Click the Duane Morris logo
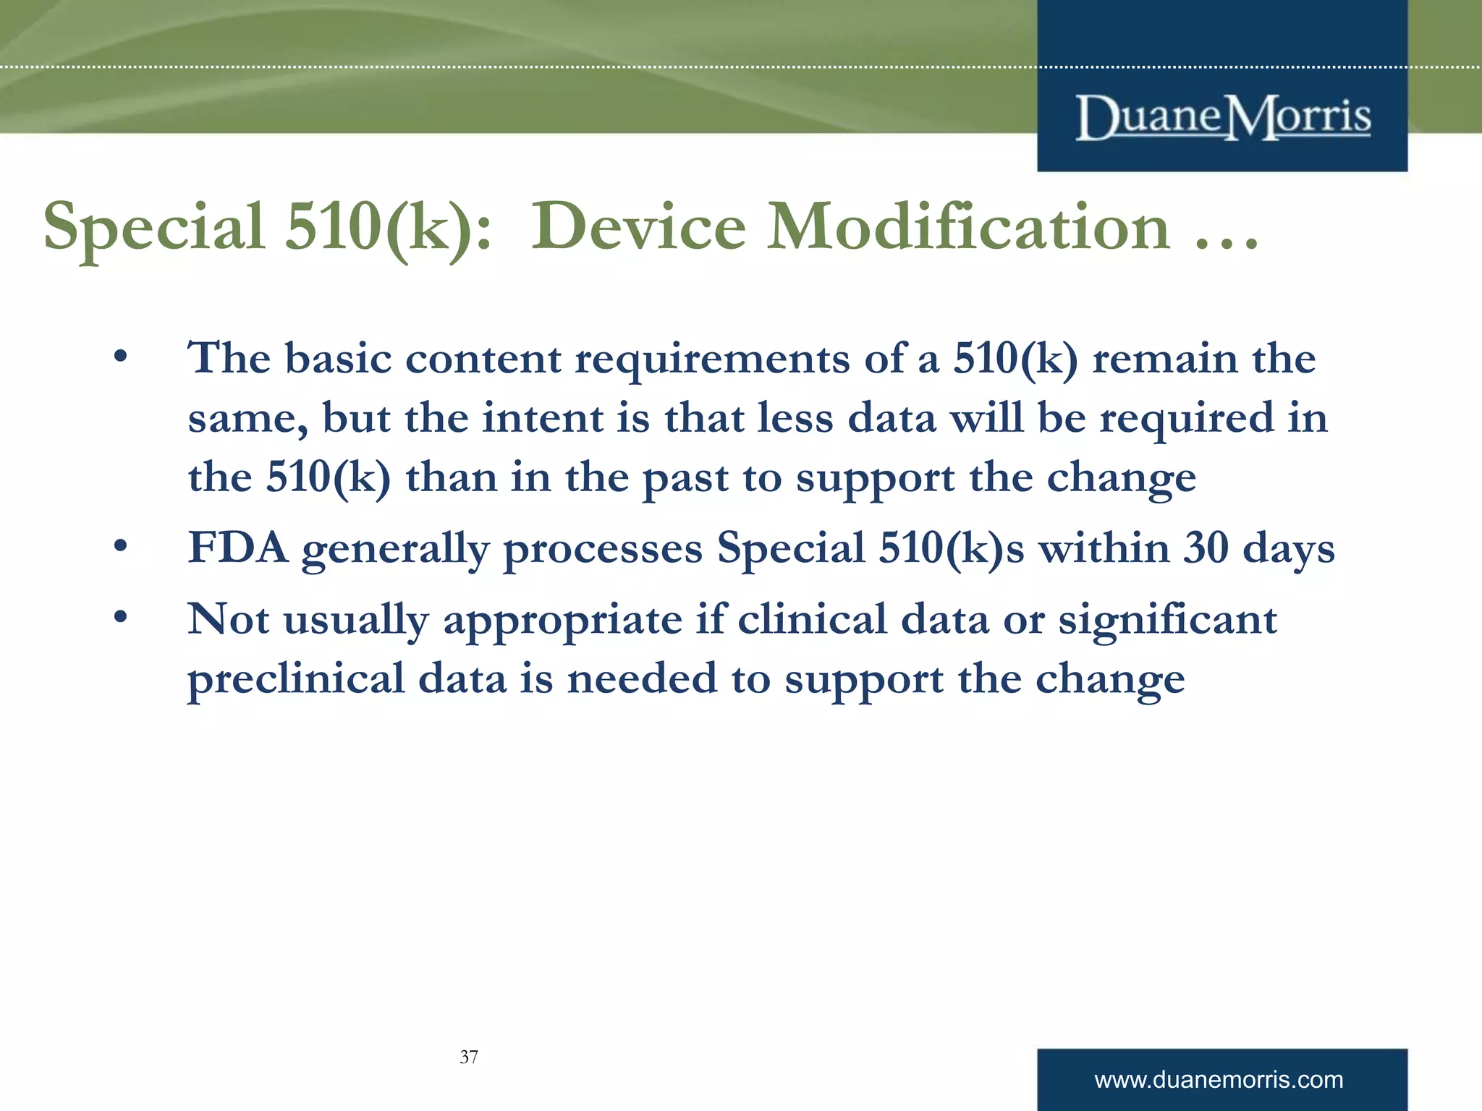point(1222,117)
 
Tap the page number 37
point(469,1057)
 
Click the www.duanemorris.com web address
point(1219,1080)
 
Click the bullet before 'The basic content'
point(120,357)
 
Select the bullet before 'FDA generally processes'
point(120,546)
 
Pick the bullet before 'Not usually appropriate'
point(120,618)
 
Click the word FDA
point(237,548)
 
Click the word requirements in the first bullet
point(712,359)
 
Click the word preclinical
point(296,680)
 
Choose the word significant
point(1167,621)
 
